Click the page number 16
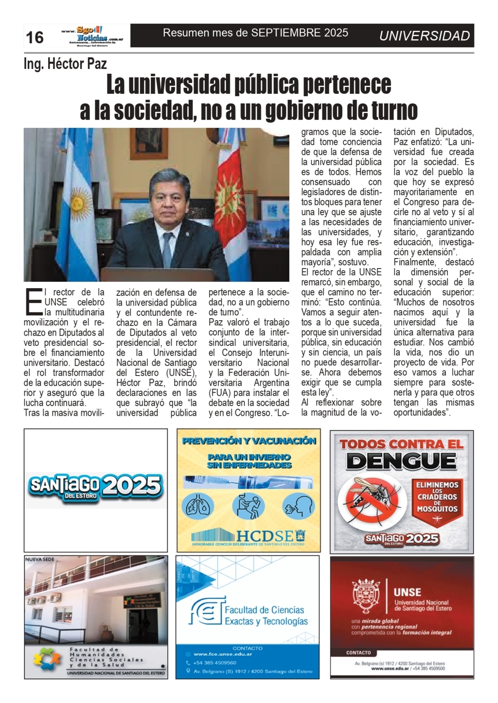tap(35, 37)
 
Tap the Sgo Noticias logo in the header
tap(92, 35)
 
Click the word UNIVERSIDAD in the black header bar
tap(424, 36)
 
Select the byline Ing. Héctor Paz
tap(65, 64)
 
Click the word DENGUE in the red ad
tap(401, 461)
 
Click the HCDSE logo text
tap(265, 536)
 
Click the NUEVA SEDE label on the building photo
tap(40, 559)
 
